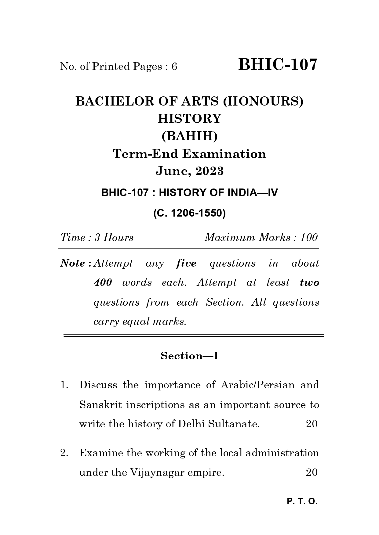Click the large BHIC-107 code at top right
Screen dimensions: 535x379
point(278,65)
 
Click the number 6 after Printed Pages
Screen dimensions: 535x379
point(174,66)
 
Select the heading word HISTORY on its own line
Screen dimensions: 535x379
point(189,119)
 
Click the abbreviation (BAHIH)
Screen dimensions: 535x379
point(189,136)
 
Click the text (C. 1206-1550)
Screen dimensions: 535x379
point(189,213)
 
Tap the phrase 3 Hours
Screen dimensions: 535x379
point(114,237)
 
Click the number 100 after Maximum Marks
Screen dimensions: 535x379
point(309,237)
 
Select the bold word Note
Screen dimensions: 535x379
point(73,263)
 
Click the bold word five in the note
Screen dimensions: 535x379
point(186,263)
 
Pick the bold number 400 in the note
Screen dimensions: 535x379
point(103,283)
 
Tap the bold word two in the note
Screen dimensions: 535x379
point(309,283)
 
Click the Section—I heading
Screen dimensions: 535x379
point(189,356)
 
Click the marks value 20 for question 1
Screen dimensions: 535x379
point(312,424)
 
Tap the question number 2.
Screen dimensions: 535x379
point(64,453)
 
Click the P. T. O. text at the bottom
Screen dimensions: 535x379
point(302,502)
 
